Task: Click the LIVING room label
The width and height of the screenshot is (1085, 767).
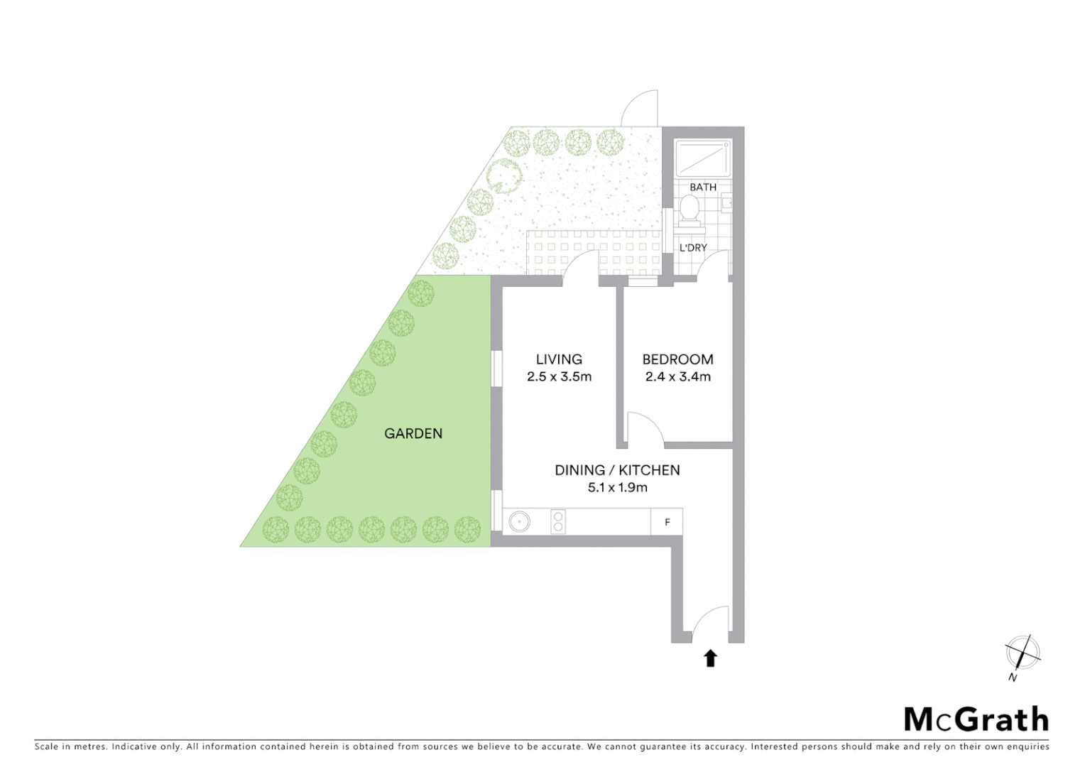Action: click(559, 359)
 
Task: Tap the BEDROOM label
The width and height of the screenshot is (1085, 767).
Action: click(677, 359)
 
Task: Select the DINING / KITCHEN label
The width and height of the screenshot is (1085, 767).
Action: click(617, 470)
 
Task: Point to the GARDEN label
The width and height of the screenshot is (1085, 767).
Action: click(413, 433)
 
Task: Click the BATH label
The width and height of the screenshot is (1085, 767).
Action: click(703, 187)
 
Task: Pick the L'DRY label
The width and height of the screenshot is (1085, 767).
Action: click(693, 248)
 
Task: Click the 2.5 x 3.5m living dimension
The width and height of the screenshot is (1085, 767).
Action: click(559, 377)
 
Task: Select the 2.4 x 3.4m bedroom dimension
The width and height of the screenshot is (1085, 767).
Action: click(677, 377)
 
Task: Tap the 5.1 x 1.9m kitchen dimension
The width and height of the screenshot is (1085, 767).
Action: click(617, 488)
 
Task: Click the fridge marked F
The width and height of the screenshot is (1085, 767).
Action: click(667, 522)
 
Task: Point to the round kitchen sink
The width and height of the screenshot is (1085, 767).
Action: click(519, 522)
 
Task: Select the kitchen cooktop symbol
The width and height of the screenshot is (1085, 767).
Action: click(558, 522)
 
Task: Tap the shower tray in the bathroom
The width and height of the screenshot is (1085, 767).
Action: click(702, 158)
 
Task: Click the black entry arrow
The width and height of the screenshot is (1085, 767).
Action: click(710, 658)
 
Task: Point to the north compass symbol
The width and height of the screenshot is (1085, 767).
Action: click(1022, 653)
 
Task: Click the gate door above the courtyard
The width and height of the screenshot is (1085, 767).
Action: click(641, 109)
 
